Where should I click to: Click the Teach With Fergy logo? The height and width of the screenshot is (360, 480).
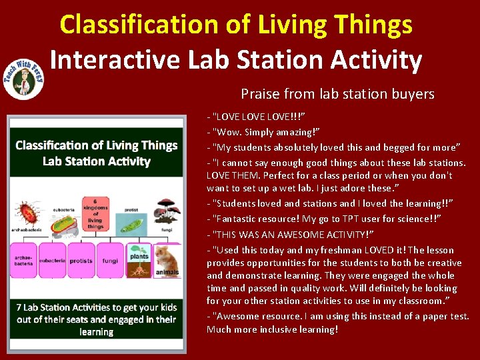[x=24, y=75]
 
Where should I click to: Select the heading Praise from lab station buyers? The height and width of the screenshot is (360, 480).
[x=337, y=94]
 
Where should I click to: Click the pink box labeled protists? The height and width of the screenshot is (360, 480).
[x=81, y=261]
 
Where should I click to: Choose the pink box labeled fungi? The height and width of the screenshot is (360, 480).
[x=110, y=261]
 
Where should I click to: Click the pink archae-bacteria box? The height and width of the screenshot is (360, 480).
[x=23, y=261]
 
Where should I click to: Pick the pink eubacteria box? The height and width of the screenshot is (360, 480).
[x=52, y=261]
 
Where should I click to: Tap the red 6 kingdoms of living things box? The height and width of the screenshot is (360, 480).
[x=96, y=213]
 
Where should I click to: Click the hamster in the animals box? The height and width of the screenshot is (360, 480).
[x=168, y=257]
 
